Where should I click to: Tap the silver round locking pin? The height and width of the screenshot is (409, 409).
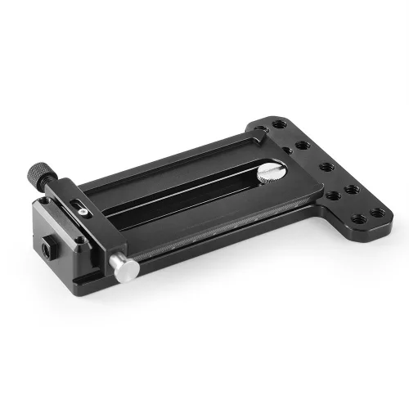click(x=125, y=268)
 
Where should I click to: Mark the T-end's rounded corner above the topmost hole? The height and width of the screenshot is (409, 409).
click(x=262, y=119)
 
